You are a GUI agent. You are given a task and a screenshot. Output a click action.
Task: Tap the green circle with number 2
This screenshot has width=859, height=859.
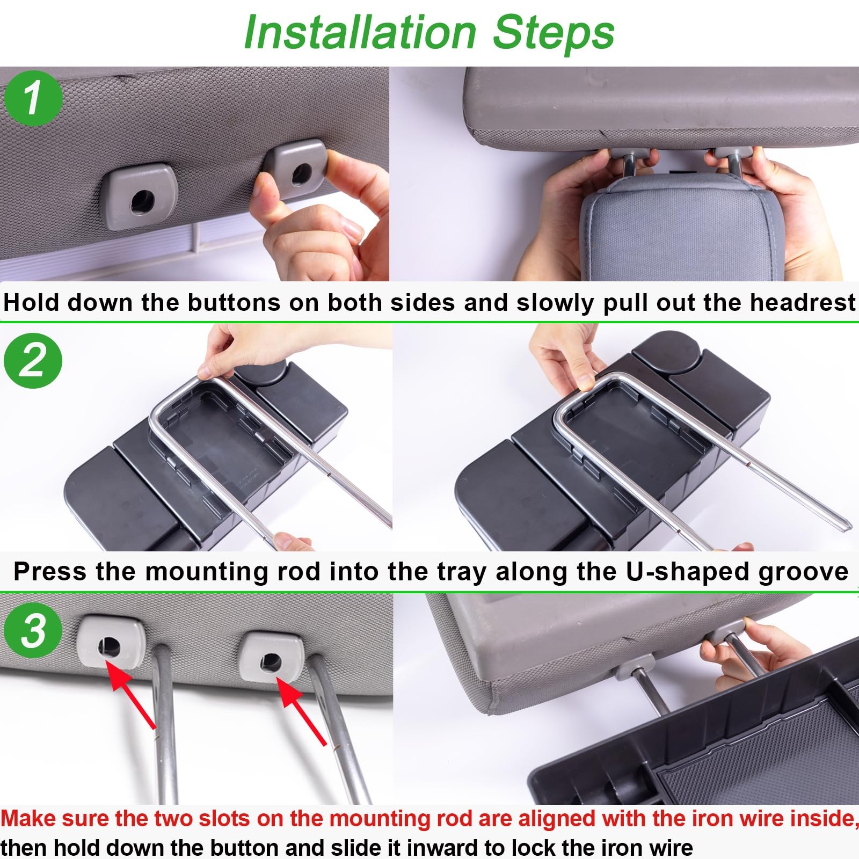(x=33, y=360)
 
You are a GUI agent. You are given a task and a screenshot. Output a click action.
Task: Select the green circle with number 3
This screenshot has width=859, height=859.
(x=33, y=630)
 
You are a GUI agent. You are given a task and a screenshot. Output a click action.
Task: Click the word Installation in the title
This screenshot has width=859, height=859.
(x=360, y=32)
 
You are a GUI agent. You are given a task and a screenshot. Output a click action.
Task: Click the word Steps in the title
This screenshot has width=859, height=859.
(x=553, y=32)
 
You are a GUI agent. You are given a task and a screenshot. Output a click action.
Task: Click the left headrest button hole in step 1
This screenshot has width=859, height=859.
(x=142, y=200)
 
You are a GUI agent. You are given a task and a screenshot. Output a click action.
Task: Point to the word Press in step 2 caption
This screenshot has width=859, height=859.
(x=50, y=572)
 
